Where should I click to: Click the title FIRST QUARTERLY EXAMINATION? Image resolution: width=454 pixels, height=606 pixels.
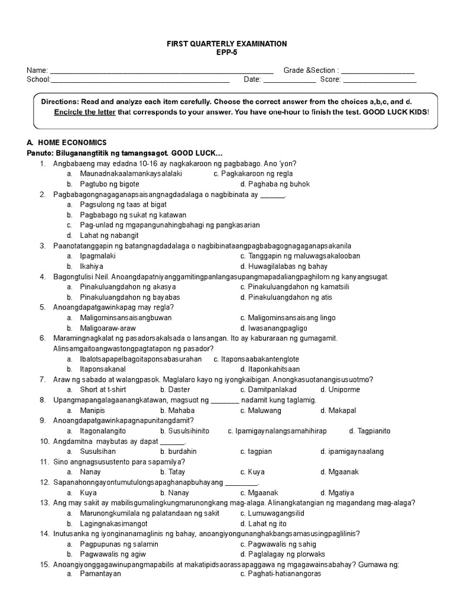click(x=227, y=44)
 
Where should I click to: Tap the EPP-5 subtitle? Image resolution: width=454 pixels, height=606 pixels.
click(x=227, y=53)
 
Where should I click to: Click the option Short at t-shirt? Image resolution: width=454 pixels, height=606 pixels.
click(x=105, y=389)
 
